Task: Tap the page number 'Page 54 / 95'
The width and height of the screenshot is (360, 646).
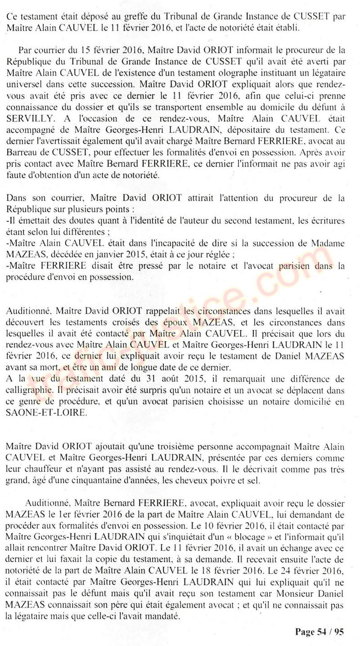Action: tap(319, 632)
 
